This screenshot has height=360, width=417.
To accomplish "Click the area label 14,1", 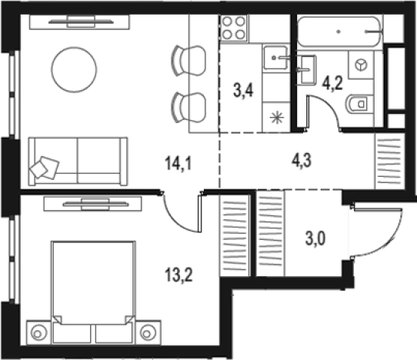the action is coord(178,163).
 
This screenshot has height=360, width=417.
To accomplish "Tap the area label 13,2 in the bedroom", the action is coord(178,275).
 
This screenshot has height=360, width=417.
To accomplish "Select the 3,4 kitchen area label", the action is coord(243,90).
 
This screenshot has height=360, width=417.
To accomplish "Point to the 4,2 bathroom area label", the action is coord(332,83).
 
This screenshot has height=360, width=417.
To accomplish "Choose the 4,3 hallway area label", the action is coord(302,160).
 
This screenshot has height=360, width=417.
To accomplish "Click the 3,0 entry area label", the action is coord(315,238).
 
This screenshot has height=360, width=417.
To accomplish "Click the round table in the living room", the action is coord(74,70).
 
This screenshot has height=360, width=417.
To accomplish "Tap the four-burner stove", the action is coord(234,28).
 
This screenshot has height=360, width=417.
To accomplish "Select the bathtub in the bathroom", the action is coord(339,32).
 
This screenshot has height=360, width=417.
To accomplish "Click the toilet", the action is coord(357,104).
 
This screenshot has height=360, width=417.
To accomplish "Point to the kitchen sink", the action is coord(275,58).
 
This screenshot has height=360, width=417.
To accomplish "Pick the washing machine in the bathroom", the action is coord(361,65).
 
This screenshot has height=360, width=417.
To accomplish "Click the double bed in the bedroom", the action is coord(93,292).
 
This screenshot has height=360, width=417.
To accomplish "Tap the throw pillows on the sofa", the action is coord(45,167).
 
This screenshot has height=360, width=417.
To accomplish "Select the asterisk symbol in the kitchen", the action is coord(277,118).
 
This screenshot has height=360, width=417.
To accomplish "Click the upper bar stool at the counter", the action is coord(188,61).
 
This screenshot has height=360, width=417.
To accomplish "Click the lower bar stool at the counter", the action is coord(188,108).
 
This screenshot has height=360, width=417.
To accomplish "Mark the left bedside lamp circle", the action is coord(38,332).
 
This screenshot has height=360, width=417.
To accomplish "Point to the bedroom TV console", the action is coord(93,204).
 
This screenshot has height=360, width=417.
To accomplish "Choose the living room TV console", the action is coord(79,22).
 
